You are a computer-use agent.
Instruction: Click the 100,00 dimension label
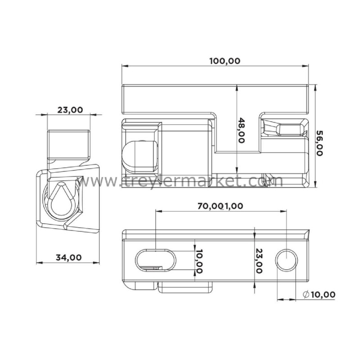pyautogui.click(x=225, y=61)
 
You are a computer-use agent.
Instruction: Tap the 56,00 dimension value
pyautogui.click(x=319, y=143)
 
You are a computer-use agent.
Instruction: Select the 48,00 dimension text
pyautogui.click(x=241, y=130)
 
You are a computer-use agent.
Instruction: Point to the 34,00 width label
pyautogui.click(x=69, y=257)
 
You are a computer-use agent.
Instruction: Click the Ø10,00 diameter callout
pyautogui.click(x=319, y=294)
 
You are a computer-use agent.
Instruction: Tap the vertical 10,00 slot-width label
pyautogui.click(x=199, y=261)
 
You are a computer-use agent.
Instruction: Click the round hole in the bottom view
pyautogui.click(x=286, y=260)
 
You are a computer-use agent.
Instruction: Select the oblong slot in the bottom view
pyautogui.click(x=156, y=260)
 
